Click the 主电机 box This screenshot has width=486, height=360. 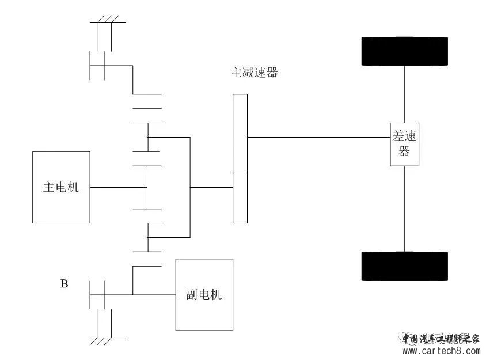click(61, 187)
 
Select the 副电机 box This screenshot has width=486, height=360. click(204, 294)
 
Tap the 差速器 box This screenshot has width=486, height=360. click(404, 144)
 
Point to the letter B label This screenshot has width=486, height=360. click(64, 284)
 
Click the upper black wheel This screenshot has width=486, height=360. click(404, 51)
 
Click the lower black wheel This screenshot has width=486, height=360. click(404, 266)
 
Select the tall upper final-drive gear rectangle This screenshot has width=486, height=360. click(240, 134)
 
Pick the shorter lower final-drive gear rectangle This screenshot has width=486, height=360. click(240, 198)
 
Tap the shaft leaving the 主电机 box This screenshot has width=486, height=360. click(118, 187)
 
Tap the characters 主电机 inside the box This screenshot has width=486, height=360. click(61, 187)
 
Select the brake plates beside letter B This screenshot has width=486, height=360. click(97, 294)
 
